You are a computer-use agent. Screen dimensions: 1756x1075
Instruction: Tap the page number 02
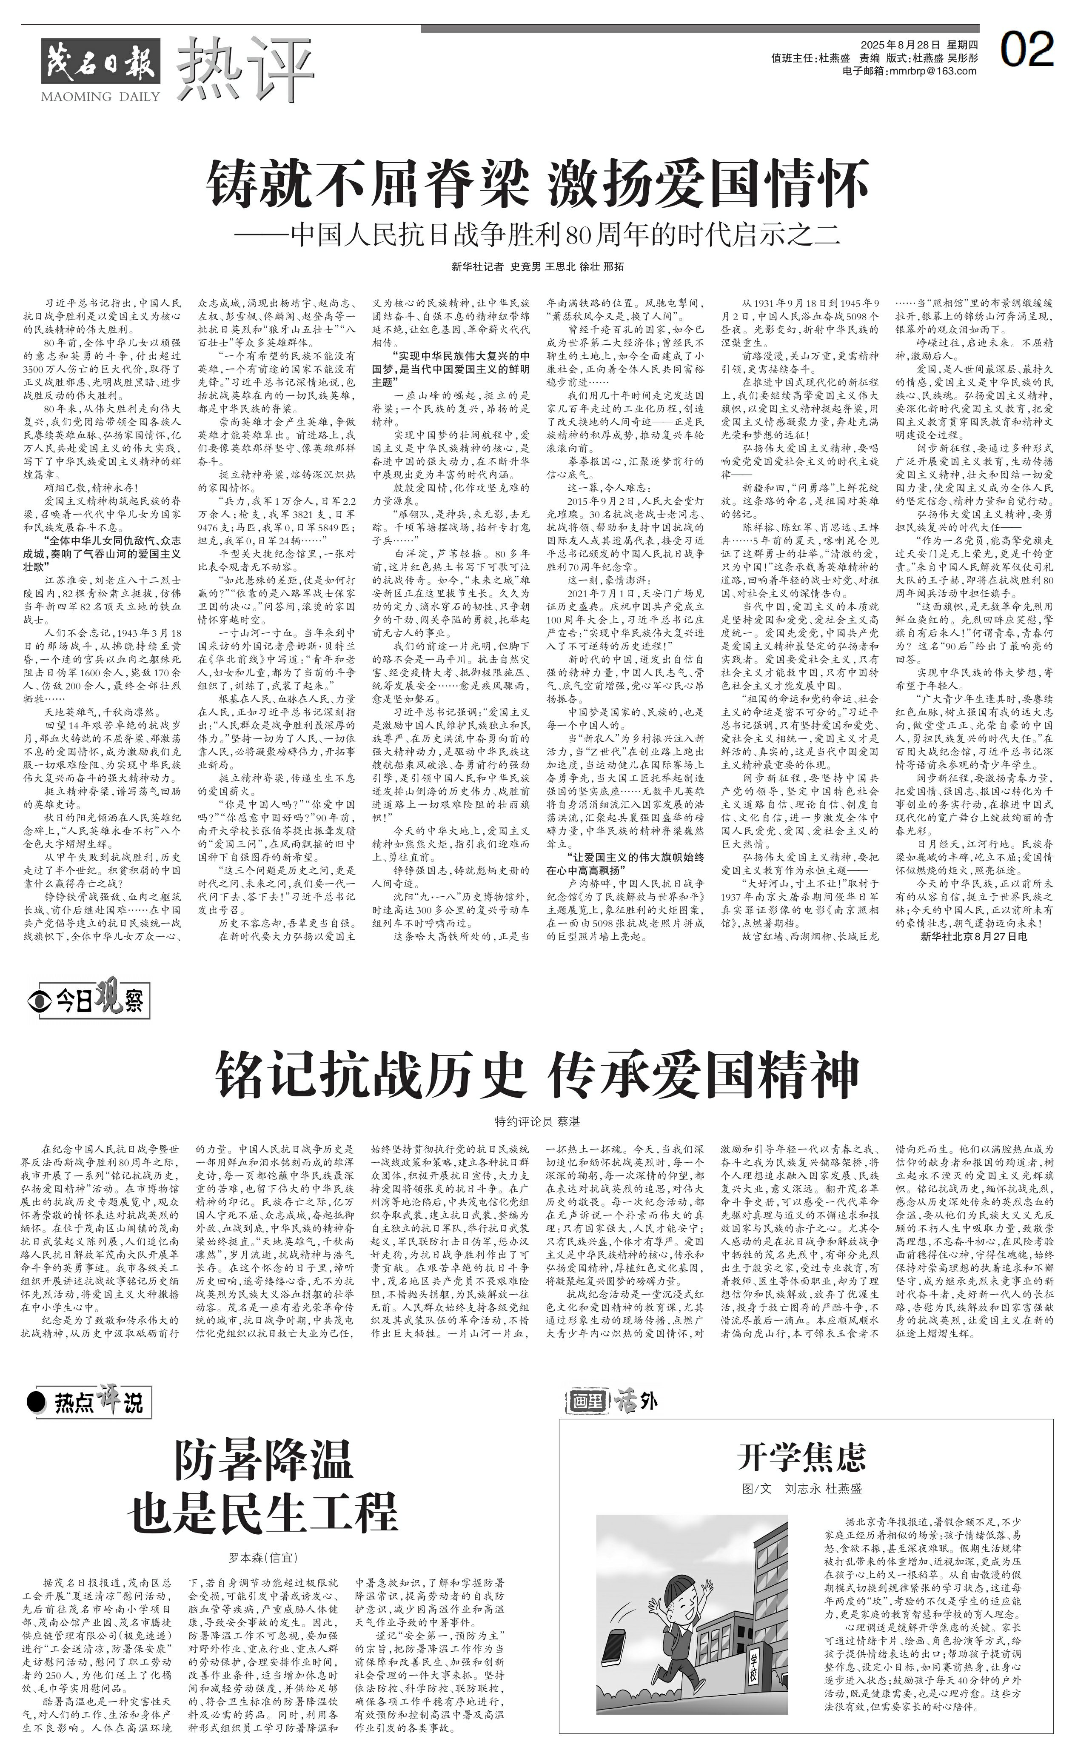pyautogui.click(x=1027, y=50)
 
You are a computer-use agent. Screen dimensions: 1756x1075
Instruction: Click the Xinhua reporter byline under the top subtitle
pyautogui.click(x=537, y=266)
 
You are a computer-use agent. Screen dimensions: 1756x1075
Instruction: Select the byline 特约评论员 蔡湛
pyautogui.click(x=537, y=1122)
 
